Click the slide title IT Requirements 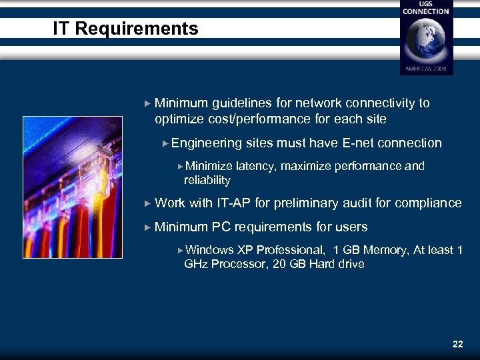[x=126, y=29]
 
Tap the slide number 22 [x=457, y=344]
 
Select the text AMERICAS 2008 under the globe [x=426, y=69]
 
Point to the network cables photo [x=73, y=188]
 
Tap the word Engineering [x=207, y=143]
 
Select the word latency [x=255, y=166]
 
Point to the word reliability [x=207, y=180]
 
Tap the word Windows [x=209, y=250]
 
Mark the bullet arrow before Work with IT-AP [x=148, y=203]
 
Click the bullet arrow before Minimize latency [x=180, y=166]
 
